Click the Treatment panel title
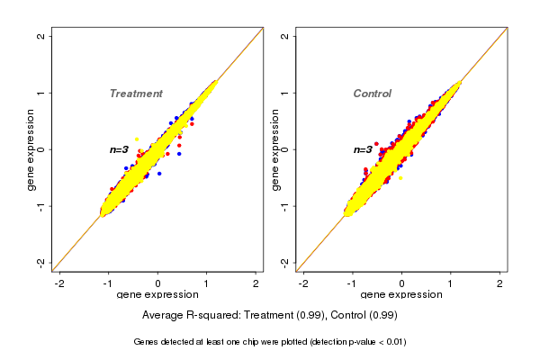(x=136, y=94)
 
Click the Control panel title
(x=372, y=94)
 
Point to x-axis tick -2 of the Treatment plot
(x=60, y=283)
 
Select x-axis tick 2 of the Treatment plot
(x=256, y=283)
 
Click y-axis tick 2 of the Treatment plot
(x=40, y=37)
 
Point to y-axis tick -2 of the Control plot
(x=283, y=262)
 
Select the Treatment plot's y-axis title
(x=31, y=149)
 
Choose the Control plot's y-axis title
(x=274, y=149)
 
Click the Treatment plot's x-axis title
(x=157, y=294)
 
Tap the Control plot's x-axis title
(x=401, y=294)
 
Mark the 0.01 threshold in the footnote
(x=393, y=342)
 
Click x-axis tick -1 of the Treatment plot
(x=108, y=283)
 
